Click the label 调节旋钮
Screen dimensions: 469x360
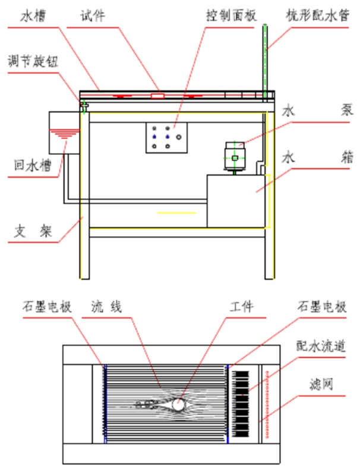pyautogui.click(x=33, y=61)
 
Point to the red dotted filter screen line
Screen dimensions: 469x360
pyautogui.click(x=271, y=405)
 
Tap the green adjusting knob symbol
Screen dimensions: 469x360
pyautogui.click(x=85, y=105)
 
